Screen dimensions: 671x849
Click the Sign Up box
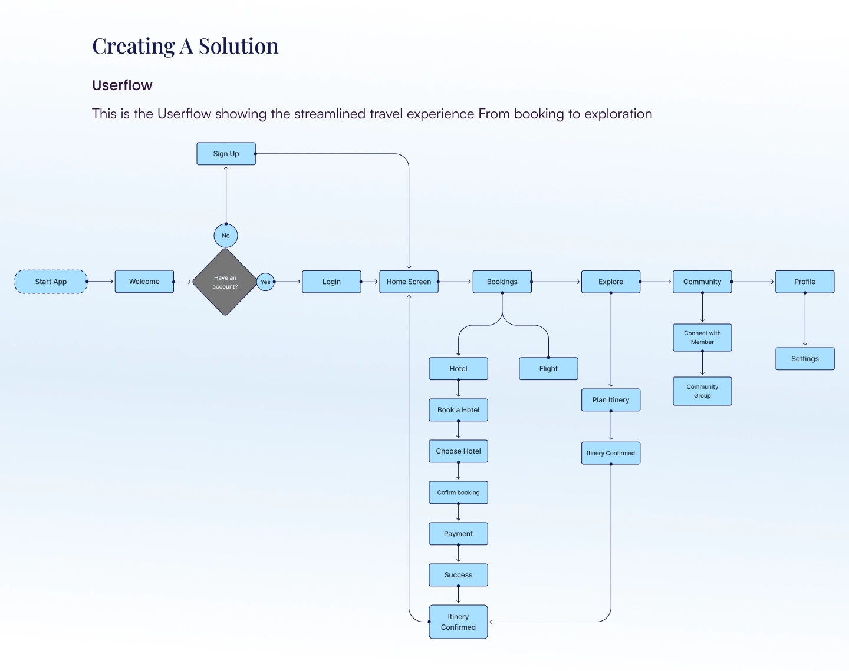point(226,154)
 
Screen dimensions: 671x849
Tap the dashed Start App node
point(51,282)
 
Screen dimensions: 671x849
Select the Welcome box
point(144,282)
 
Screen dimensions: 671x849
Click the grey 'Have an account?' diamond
point(225,282)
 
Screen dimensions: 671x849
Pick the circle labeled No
point(226,236)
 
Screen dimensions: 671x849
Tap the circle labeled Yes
point(265,282)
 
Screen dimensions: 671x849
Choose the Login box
point(331,282)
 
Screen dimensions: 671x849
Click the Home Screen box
point(409,282)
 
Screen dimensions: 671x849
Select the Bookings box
point(502,282)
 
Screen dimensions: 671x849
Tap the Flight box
point(548,369)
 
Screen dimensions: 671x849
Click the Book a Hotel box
point(458,410)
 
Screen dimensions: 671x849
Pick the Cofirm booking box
point(458,492)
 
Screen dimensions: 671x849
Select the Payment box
point(458,534)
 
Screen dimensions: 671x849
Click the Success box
point(458,575)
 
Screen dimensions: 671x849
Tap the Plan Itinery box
point(611,400)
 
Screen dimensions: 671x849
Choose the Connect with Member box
point(702,338)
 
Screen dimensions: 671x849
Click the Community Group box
point(702,391)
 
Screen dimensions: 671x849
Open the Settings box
point(805,359)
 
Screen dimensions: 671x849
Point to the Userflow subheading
point(122,85)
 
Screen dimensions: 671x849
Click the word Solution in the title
point(238,46)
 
